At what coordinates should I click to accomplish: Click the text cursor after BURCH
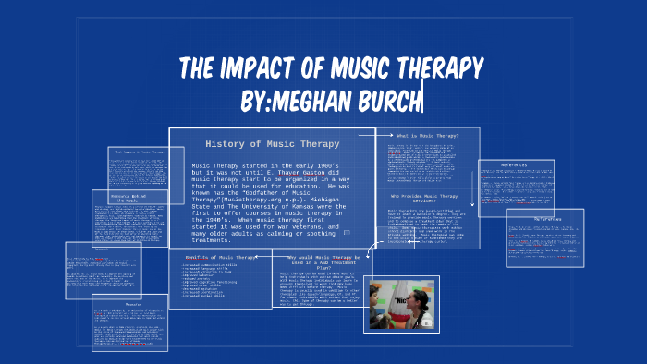422,99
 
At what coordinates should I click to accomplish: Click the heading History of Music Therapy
272,144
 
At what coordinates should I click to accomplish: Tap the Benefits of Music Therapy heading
220,257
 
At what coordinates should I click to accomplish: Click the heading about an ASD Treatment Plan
320,261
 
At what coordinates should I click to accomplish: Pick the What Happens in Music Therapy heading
140,152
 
